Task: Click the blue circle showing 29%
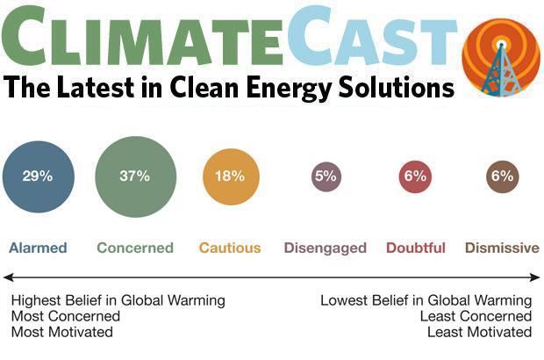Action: (38, 176)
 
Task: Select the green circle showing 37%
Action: (135, 176)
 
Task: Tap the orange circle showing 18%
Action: (230, 176)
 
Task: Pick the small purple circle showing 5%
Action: (326, 176)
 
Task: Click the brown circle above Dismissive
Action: (501, 176)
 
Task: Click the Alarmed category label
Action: (38, 248)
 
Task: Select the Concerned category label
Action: (135, 248)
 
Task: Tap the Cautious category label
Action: (230, 248)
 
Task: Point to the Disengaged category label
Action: (325, 248)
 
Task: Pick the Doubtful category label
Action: (416, 248)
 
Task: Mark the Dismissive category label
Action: (501, 248)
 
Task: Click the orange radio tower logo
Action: (501, 57)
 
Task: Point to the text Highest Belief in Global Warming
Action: (118, 300)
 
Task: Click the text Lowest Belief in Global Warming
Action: (426, 300)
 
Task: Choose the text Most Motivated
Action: (62, 332)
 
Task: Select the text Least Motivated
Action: (479, 332)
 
